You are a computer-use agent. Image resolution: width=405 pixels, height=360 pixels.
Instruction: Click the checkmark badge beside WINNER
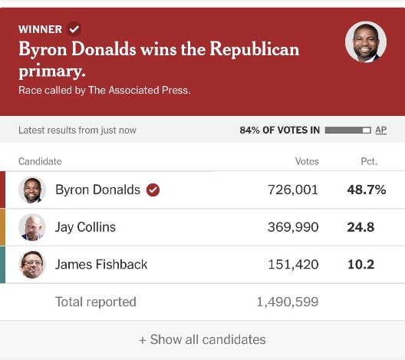point(74,28)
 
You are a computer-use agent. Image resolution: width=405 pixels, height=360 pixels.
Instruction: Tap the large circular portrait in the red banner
point(366,42)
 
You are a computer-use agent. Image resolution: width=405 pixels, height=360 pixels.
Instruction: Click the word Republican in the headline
point(254,49)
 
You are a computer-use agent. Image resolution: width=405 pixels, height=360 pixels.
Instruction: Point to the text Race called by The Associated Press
point(104,91)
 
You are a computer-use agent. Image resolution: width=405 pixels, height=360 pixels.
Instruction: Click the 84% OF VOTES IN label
point(280,130)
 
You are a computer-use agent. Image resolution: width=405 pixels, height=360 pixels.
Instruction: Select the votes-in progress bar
point(348,130)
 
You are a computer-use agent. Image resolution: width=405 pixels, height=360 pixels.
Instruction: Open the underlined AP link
point(381,130)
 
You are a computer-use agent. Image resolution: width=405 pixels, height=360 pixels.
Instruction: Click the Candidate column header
point(40,161)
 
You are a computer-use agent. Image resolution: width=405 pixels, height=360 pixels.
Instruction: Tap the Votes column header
point(307,161)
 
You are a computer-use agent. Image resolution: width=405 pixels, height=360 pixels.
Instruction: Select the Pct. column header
point(369,161)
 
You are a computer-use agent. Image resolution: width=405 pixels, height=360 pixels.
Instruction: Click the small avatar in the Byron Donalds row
point(32,190)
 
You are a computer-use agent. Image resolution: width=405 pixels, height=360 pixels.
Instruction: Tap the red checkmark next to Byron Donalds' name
point(153,190)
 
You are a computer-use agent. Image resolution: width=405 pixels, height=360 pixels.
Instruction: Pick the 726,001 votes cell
point(293,190)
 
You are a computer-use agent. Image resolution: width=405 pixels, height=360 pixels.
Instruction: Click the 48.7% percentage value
point(367,190)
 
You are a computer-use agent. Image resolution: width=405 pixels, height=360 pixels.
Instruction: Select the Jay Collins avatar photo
point(32,227)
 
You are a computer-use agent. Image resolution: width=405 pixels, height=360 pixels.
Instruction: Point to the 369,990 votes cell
point(293,227)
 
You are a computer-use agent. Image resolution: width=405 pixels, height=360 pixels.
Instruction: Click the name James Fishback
point(101,264)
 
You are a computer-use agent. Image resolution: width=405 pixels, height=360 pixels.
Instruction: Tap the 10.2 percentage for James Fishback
point(361,264)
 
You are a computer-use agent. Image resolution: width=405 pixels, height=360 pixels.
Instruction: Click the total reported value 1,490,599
point(287,302)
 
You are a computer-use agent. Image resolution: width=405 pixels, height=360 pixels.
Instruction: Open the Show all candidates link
point(202,339)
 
